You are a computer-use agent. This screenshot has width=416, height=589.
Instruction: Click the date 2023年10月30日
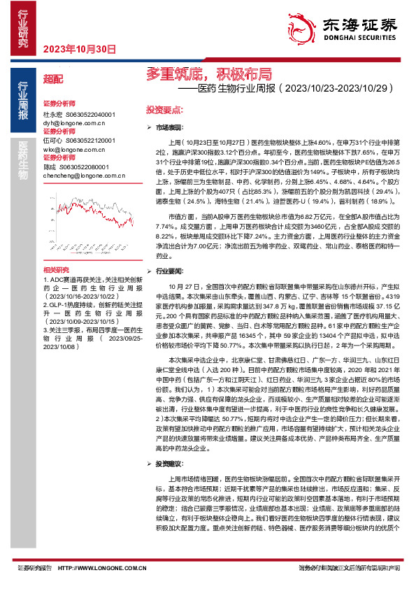click(x=79, y=49)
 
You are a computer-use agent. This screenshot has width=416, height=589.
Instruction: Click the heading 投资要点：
click(x=164, y=111)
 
